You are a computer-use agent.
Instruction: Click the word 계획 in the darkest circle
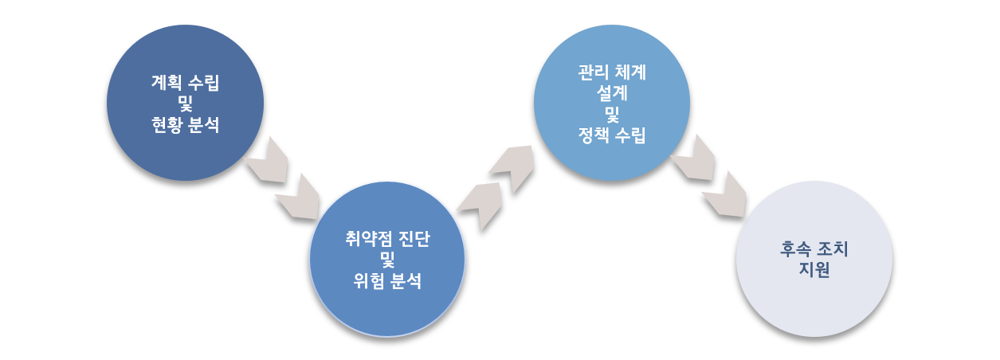(x=167, y=83)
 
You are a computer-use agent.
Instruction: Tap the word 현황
(x=167, y=124)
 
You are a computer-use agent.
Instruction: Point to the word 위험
(x=369, y=281)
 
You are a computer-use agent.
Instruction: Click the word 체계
(x=630, y=72)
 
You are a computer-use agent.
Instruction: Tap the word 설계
(x=612, y=93)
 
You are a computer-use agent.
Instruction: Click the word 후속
(x=795, y=249)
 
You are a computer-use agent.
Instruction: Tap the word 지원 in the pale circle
(x=814, y=269)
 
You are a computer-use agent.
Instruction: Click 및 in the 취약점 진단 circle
(x=387, y=260)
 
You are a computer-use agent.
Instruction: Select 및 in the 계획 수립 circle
(x=186, y=104)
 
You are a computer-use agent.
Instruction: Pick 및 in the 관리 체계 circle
(x=612, y=114)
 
